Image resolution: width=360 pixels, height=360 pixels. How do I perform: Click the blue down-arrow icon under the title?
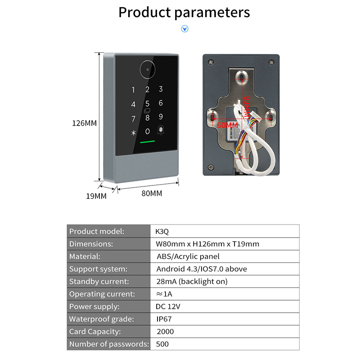184,29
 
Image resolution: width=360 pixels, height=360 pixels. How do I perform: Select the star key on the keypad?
133,133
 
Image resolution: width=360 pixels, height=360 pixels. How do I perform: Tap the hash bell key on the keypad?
161,131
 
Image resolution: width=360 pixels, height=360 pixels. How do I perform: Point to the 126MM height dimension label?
85,123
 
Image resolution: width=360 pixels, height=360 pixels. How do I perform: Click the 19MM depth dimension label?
96,196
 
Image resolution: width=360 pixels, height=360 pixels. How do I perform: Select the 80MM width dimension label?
152,193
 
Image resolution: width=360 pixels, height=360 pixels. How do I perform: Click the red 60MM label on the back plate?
227,125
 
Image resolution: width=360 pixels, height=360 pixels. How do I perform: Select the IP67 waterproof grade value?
164,319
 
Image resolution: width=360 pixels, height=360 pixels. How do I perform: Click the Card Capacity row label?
95,332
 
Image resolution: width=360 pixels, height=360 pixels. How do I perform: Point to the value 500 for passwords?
162,344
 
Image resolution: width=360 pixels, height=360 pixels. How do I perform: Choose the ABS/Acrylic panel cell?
188,256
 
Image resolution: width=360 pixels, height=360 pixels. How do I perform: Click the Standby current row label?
99,281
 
